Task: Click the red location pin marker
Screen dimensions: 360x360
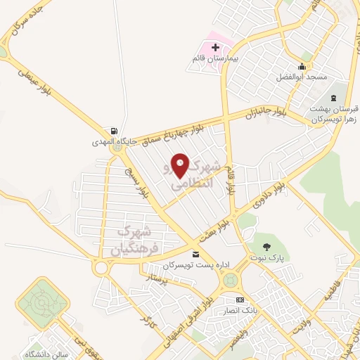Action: pyautogui.click(x=181, y=166)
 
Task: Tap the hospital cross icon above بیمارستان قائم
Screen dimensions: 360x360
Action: pyautogui.click(x=216, y=46)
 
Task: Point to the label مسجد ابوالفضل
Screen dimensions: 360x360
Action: pyautogui.click(x=303, y=76)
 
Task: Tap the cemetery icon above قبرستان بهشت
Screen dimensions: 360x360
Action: pyautogui.click(x=333, y=98)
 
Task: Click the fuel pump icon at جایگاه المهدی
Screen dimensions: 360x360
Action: pyautogui.click(x=112, y=131)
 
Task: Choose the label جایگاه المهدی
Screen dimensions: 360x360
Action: pyautogui.click(x=102, y=143)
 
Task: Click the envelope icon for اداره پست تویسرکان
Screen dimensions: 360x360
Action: pyautogui.click(x=195, y=254)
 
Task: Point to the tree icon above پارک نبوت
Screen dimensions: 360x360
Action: pyautogui.click(x=266, y=247)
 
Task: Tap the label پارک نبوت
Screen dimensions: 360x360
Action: pyautogui.click(x=266, y=259)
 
